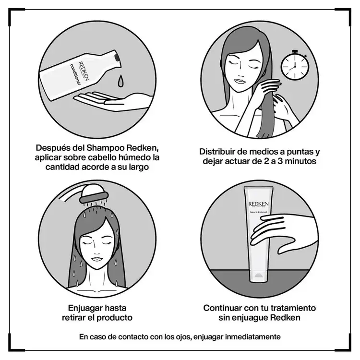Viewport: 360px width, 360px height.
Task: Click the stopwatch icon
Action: (x=293, y=66)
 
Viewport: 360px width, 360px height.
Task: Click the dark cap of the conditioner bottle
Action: (x=115, y=56)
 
